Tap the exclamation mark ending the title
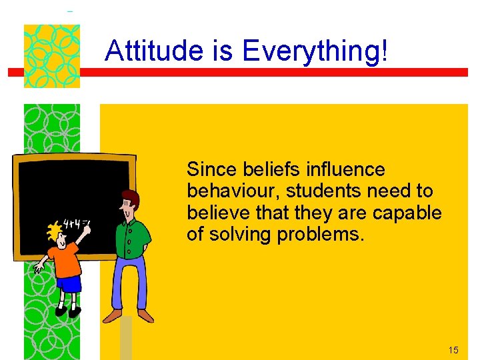point(383,51)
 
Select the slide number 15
point(453,350)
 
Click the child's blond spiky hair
point(53,233)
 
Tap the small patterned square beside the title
point(52,56)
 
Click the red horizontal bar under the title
point(267,72)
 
